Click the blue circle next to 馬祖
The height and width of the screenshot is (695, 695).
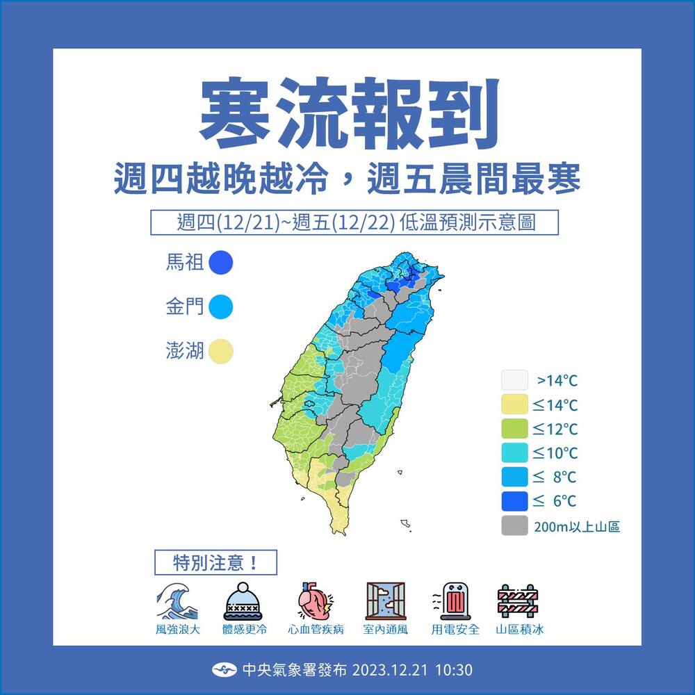(221, 263)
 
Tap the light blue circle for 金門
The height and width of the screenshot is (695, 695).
(221, 306)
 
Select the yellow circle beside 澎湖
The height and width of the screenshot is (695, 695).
(221, 351)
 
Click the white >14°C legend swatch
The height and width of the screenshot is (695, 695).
(514, 381)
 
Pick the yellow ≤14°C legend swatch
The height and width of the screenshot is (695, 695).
(514, 404)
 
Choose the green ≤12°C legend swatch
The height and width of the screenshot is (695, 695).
(514, 429)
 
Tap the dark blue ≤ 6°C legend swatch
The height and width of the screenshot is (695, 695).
(514, 501)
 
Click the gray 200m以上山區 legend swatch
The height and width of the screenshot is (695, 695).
(514, 525)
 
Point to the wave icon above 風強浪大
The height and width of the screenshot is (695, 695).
(177, 600)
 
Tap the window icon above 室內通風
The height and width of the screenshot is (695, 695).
(385, 601)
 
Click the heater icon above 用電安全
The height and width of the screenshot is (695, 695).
(455, 601)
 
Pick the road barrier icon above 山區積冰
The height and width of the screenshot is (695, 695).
(518, 601)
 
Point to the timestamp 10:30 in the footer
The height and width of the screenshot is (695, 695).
(455, 670)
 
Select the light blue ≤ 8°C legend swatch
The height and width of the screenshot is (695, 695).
(514, 477)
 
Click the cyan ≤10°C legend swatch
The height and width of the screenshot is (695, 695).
(514, 453)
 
